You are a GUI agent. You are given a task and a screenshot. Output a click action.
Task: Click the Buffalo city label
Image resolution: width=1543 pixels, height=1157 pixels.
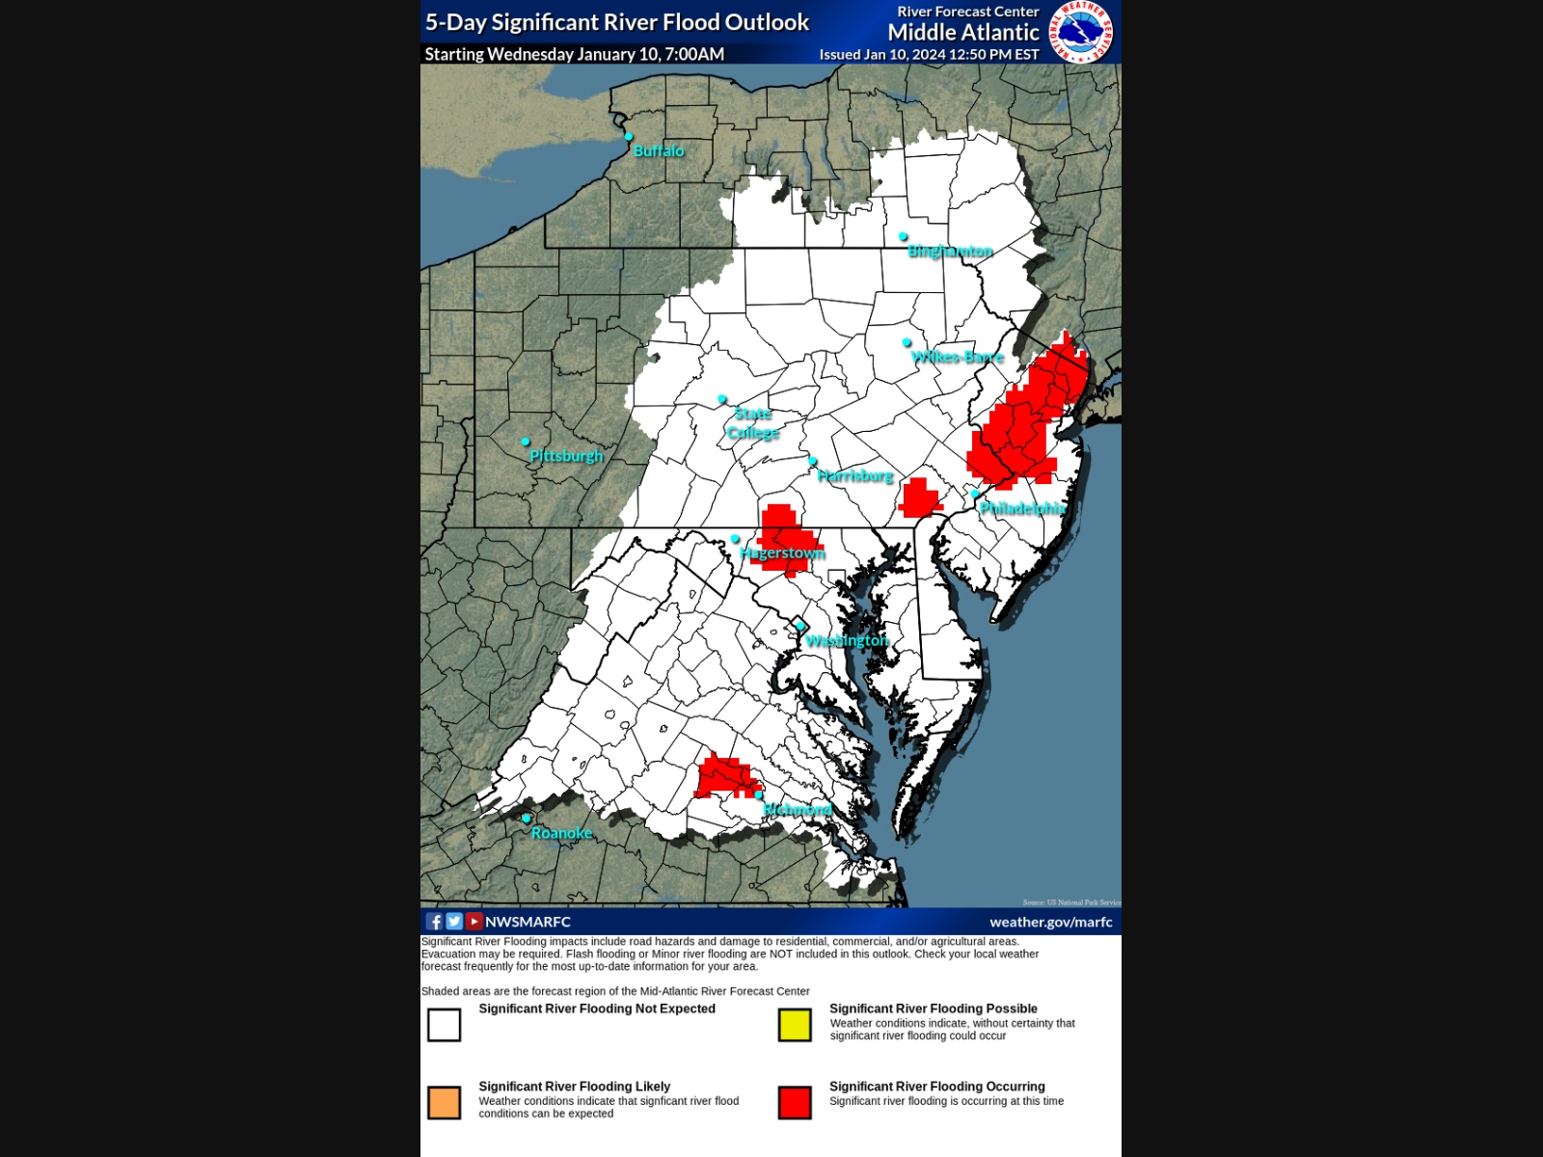(659, 151)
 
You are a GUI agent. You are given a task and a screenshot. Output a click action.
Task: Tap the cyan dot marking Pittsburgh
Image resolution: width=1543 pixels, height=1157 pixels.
(526, 442)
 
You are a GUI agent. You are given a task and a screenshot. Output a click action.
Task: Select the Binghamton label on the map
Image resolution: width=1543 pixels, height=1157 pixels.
(950, 252)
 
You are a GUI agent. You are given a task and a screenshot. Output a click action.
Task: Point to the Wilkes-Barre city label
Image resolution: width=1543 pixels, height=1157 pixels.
(958, 358)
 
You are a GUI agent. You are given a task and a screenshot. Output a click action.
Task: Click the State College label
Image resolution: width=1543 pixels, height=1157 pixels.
(753, 423)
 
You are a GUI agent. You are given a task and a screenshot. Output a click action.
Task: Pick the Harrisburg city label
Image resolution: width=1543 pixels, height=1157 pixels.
(855, 476)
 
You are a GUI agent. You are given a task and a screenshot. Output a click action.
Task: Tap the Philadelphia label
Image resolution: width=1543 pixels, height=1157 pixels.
(1022, 508)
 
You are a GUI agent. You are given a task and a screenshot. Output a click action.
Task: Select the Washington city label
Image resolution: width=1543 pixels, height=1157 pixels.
(847, 641)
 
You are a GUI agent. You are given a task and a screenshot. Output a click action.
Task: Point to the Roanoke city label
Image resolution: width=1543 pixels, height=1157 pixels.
(561, 833)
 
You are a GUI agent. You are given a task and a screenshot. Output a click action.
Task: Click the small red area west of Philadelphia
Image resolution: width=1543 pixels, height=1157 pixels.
(919, 498)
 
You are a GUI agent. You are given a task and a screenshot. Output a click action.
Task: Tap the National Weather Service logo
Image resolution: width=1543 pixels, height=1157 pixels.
(1081, 32)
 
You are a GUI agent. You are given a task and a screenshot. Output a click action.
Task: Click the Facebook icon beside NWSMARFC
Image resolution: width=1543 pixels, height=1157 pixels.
(435, 922)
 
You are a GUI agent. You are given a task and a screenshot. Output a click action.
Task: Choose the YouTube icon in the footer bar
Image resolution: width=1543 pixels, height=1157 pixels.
(474, 922)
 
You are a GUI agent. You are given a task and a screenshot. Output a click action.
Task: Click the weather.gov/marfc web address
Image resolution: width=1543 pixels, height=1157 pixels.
(1050, 923)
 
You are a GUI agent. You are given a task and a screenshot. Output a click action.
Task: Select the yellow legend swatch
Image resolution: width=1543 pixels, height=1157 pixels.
(795, 1025)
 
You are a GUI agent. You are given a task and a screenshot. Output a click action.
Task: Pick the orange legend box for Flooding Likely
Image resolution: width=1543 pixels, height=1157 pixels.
(445, 1102)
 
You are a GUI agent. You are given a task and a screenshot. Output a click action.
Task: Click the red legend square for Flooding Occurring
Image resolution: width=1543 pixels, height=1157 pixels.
(795, 1102)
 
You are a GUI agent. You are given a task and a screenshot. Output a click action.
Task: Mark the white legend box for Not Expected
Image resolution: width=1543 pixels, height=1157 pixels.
(445, 1025)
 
